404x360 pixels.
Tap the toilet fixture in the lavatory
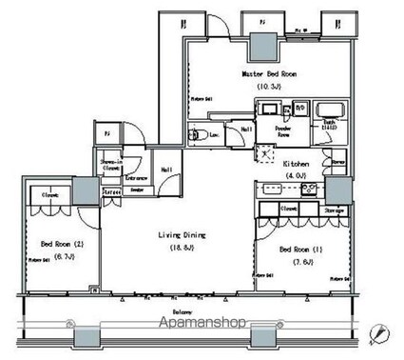tap(198, 135)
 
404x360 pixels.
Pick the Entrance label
tap(137, 178)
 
